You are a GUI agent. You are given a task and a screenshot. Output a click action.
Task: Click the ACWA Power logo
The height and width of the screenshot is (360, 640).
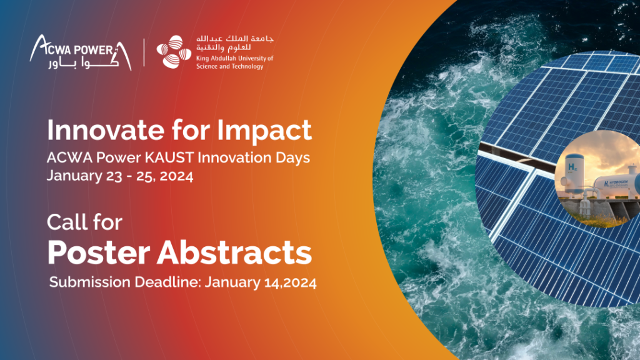pyautogui.click(x=81, y=52)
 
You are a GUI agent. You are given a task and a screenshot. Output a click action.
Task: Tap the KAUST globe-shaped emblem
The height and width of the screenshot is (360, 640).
pyautogui.click(x=174, y=52)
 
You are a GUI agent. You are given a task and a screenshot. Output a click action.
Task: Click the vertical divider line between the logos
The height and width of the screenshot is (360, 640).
pyautogui.click(x=144, y=52)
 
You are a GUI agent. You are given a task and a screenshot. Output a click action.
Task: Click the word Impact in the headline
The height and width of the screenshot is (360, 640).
pyautogui.click(x=264, y=131)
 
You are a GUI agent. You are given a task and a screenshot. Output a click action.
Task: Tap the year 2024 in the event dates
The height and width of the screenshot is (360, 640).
pyautogui.click(x=176, y=176)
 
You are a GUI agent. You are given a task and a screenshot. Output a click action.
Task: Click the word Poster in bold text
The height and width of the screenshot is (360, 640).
pyautogui.click(x=99, y=252)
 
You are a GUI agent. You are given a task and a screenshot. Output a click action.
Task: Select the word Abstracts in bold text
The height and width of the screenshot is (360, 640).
pyautogui.click(x=235, y=252)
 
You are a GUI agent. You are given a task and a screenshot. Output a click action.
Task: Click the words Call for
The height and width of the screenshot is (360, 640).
pyautogui.click(x=84, y=222)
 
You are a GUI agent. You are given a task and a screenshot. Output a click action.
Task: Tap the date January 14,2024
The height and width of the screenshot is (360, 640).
pyautogui.click(x=261, y=282)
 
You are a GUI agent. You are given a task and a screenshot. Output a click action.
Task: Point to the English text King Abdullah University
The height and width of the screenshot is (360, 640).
pyautogui.click(x=235, y=58)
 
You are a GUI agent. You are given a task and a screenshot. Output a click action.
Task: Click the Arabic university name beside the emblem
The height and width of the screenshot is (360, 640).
pyautogui.click(x=235, y=43)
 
